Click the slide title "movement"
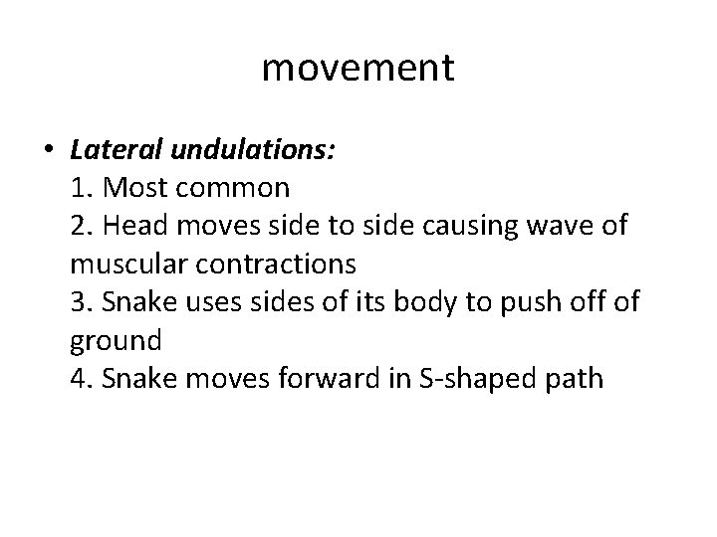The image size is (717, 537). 358,68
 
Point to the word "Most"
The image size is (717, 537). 140,187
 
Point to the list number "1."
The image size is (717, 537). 83,187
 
